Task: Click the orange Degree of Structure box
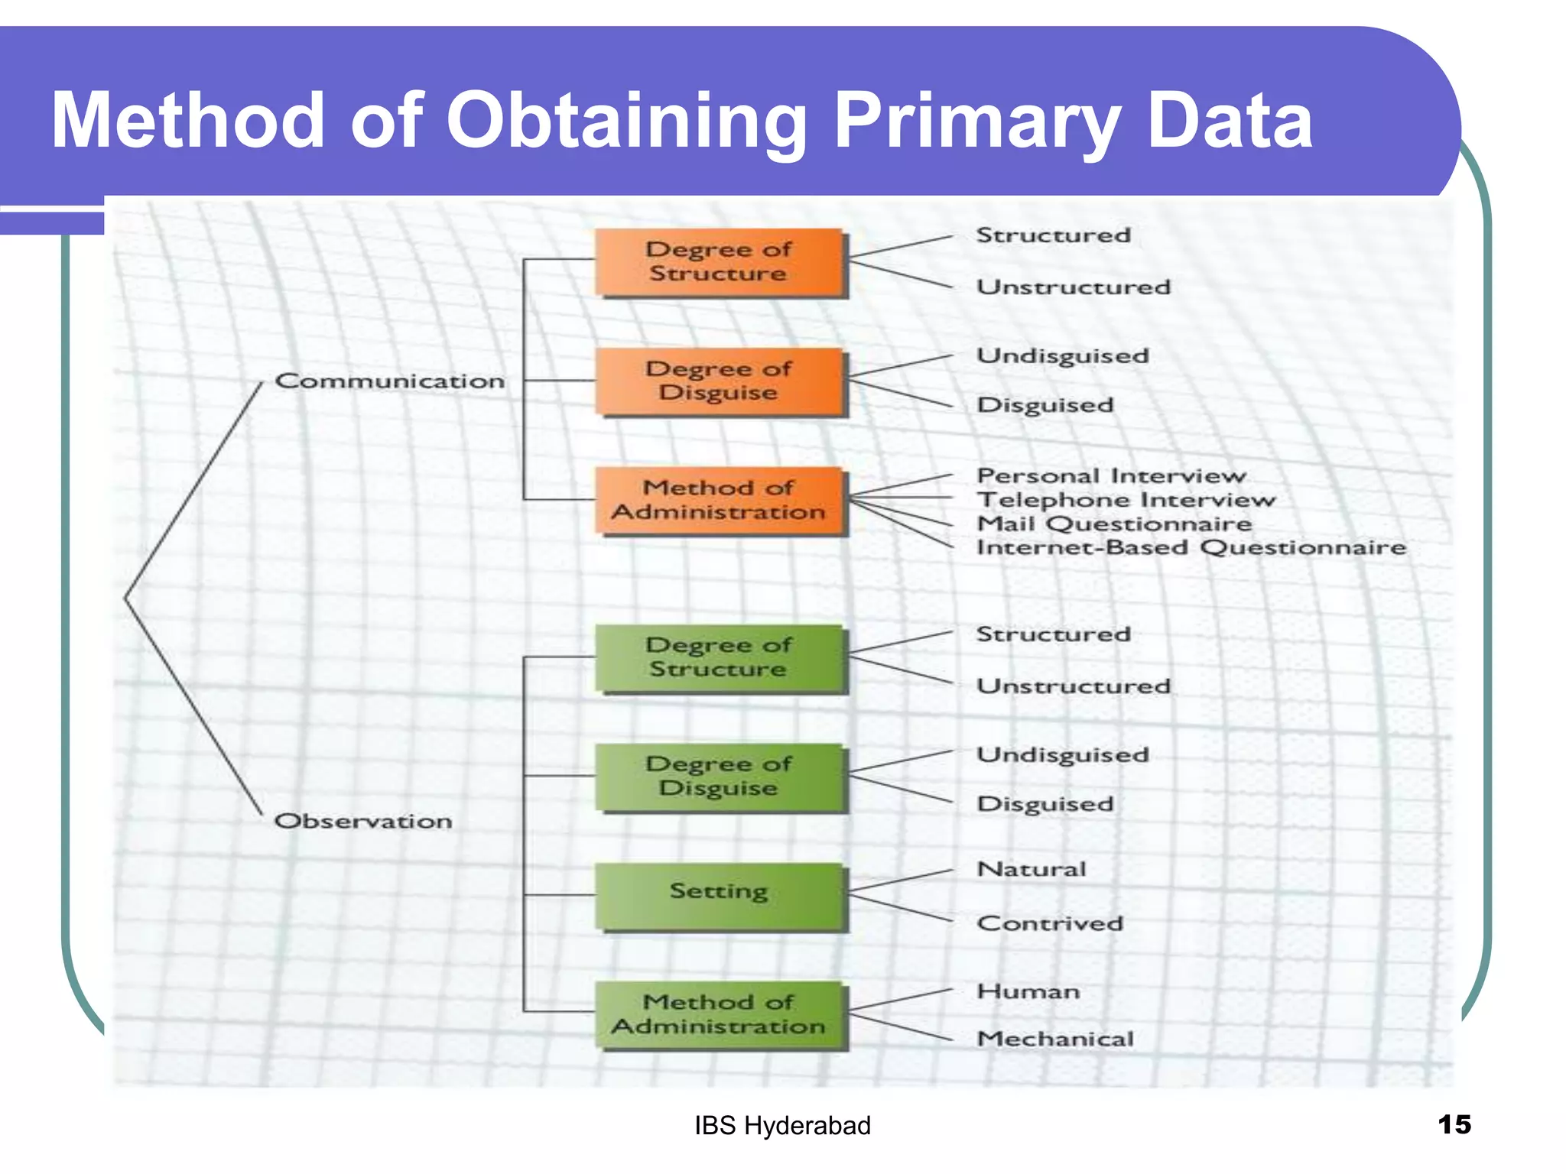point(720,262)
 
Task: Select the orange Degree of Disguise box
point(720,381)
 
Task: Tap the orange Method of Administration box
point(720,501)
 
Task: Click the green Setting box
point(720,895)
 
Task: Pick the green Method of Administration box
point(720,1014)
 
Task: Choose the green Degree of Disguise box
point(720,777)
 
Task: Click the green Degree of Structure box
point(720,657)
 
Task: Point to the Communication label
point(390,381)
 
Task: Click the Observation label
point(364,821)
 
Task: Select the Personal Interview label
point(1111,475)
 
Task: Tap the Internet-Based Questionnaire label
point(1191,547)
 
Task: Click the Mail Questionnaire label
point(1114,524)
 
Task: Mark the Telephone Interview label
point(1126,500)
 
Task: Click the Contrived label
point(1050,923)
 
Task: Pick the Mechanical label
point(1055,1039)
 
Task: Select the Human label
point(1028,991)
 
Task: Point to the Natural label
point(1032,869)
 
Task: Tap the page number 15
point(1454,1124)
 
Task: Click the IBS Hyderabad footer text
point(782,1126)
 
